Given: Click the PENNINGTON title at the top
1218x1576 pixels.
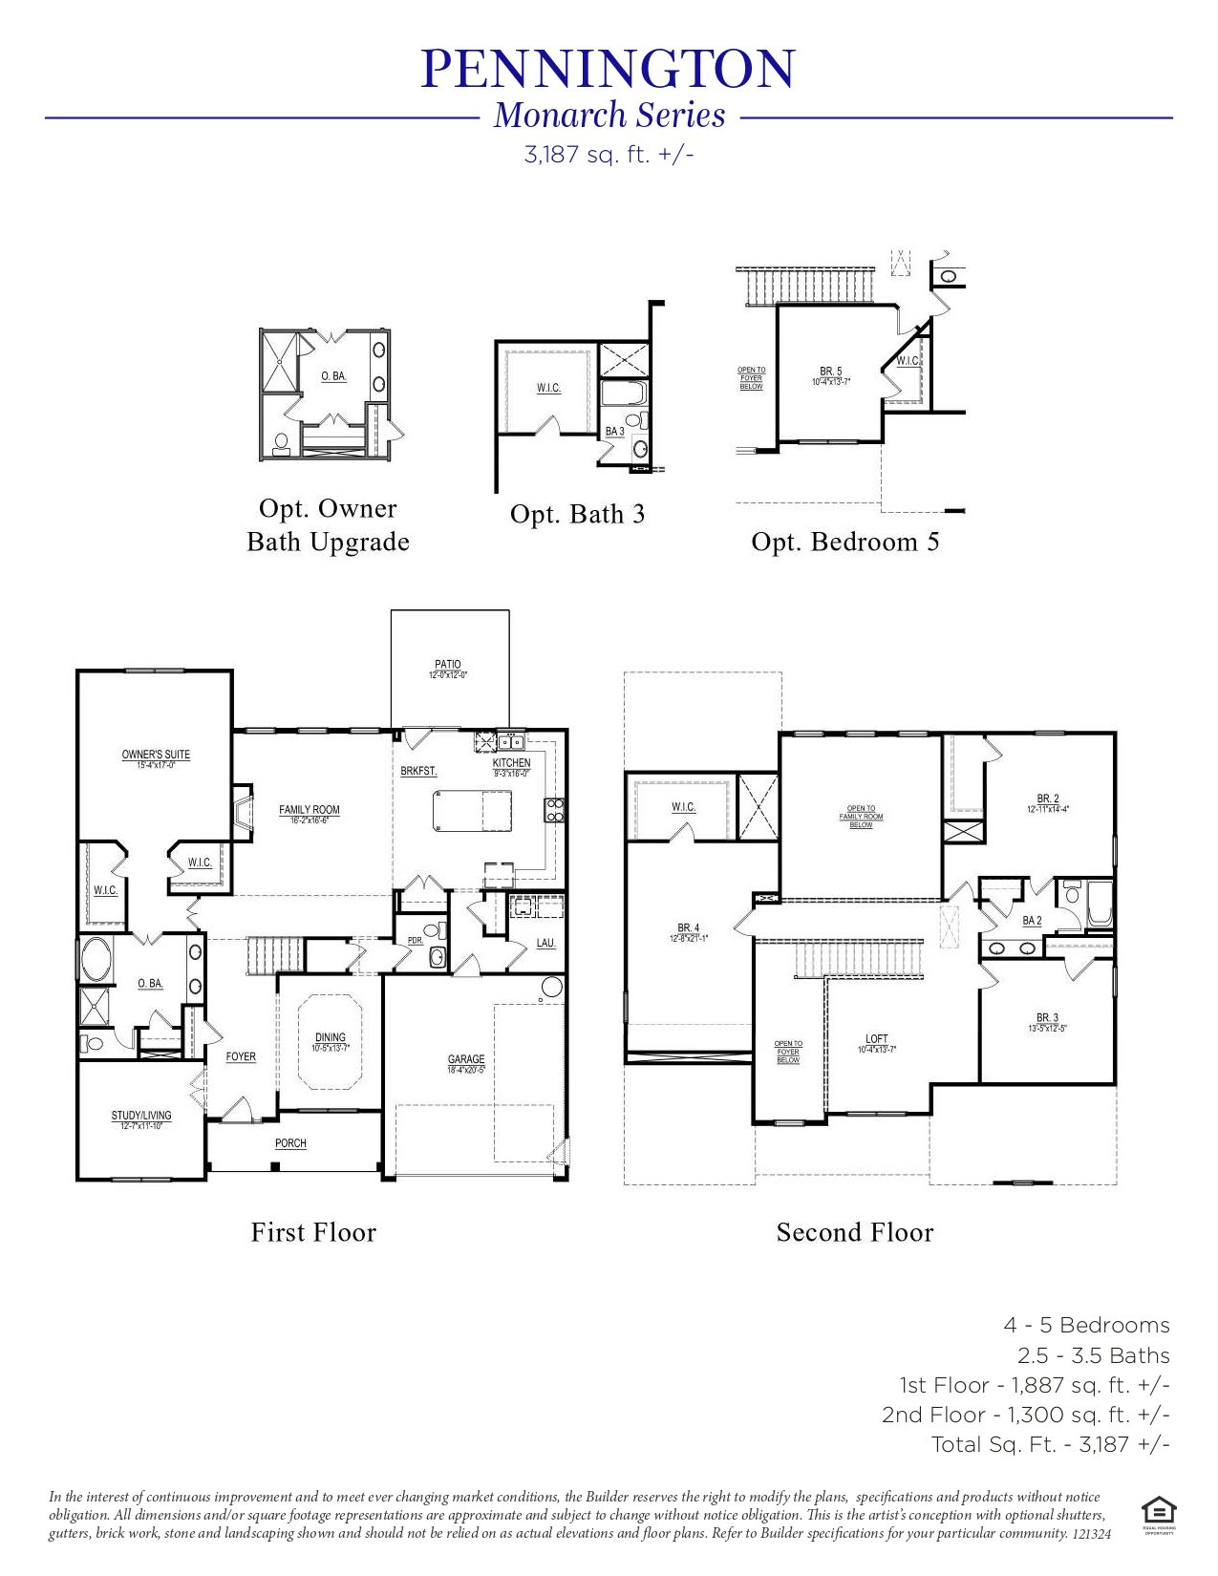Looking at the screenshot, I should (x=608, y=69).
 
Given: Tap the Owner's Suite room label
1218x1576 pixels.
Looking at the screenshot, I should (x=156, y=755).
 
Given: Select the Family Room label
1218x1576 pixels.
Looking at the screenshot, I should (x=309, y=810).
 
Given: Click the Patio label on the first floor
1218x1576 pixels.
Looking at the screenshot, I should (x=447, y=665).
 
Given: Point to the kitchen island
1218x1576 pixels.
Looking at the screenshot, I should (x=472, y=813).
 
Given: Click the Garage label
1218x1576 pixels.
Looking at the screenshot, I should (x=466, y=1059).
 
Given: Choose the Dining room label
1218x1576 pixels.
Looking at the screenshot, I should (x=331, y=1037).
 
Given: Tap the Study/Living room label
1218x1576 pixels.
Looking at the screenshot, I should (x=141, y=1116).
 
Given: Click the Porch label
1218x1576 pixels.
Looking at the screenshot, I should (x=290, y=1143).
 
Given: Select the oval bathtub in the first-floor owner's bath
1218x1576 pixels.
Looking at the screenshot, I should (x=96, y=959).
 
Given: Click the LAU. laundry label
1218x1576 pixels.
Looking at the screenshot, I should (x=545, y=944).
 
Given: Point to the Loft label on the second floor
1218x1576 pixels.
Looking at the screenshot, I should (x=876, y=1039).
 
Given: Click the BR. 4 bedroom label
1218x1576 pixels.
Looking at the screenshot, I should (x=688, y=928).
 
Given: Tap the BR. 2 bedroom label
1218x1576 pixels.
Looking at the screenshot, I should (x=1048, y=799).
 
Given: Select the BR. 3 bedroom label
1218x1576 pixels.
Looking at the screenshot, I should (x=1047, y=1018).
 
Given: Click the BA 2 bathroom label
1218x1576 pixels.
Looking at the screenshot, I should (x=1032, y=921).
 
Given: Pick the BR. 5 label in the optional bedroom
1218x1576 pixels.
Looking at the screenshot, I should (x=830, y=372).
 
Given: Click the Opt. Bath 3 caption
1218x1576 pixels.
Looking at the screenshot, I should (x=577, y=515).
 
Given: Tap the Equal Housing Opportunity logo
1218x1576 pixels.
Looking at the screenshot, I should (x=1158, y=1512).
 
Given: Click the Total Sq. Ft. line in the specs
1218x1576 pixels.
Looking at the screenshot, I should (x=1050, y=1444).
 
